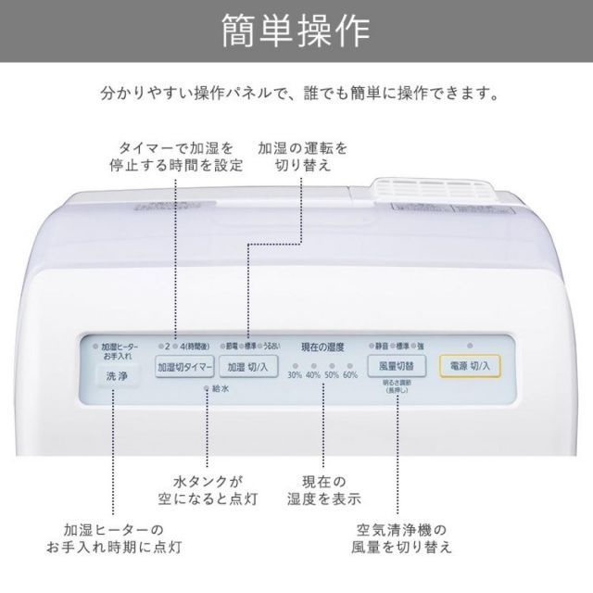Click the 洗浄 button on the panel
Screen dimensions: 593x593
[x=117, y=376]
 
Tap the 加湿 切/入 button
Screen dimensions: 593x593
[x=247, y=365]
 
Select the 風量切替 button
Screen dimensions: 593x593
[x=396, y=365]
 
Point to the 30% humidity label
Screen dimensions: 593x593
[x=295, y=374]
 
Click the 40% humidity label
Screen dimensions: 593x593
[x=313, y=374]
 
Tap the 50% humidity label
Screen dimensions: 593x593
[x=332, y=374]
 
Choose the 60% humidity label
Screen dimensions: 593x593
[x=350, y=374]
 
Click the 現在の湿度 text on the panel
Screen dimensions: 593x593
[x=322, y=347]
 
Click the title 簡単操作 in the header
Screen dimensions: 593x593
[x=296, y=32]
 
